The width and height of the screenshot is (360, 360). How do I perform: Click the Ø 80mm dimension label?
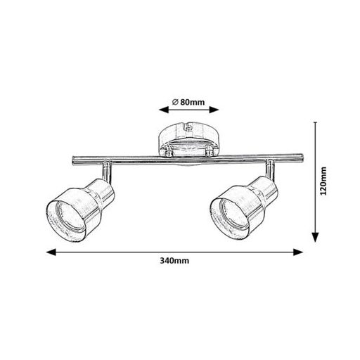pos(188,102)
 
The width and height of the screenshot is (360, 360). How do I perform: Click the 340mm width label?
pos(174,261)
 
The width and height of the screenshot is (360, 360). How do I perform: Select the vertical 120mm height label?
pos(323,181)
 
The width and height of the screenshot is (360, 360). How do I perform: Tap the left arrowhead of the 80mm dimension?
pos(164,110)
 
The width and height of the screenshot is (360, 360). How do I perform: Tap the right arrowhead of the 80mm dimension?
pos(214,110)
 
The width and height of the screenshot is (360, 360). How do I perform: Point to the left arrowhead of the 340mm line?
pos(51,252)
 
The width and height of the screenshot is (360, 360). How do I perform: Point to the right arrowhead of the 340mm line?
pos(298,252)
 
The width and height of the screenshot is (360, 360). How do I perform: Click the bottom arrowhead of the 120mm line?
pos(316,237)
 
